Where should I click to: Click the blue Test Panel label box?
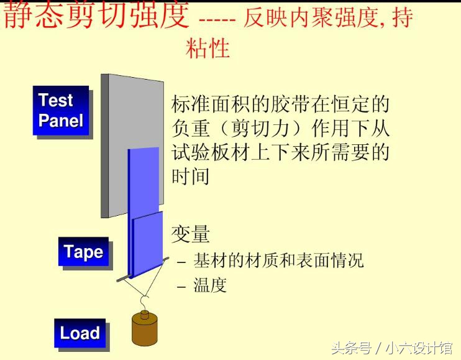(61, 110)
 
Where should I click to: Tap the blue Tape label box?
(83, 252)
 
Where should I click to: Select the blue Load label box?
(80, 333)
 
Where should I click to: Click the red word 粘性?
(208, 47)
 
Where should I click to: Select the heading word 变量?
(190, 234)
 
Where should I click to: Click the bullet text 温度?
(210, 285)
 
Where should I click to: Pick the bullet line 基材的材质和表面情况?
(278, 260)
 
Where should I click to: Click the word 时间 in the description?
(190, 176)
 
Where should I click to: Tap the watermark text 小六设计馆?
(421, 347)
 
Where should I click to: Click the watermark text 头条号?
(350, 347)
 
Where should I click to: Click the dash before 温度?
(181, 287)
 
